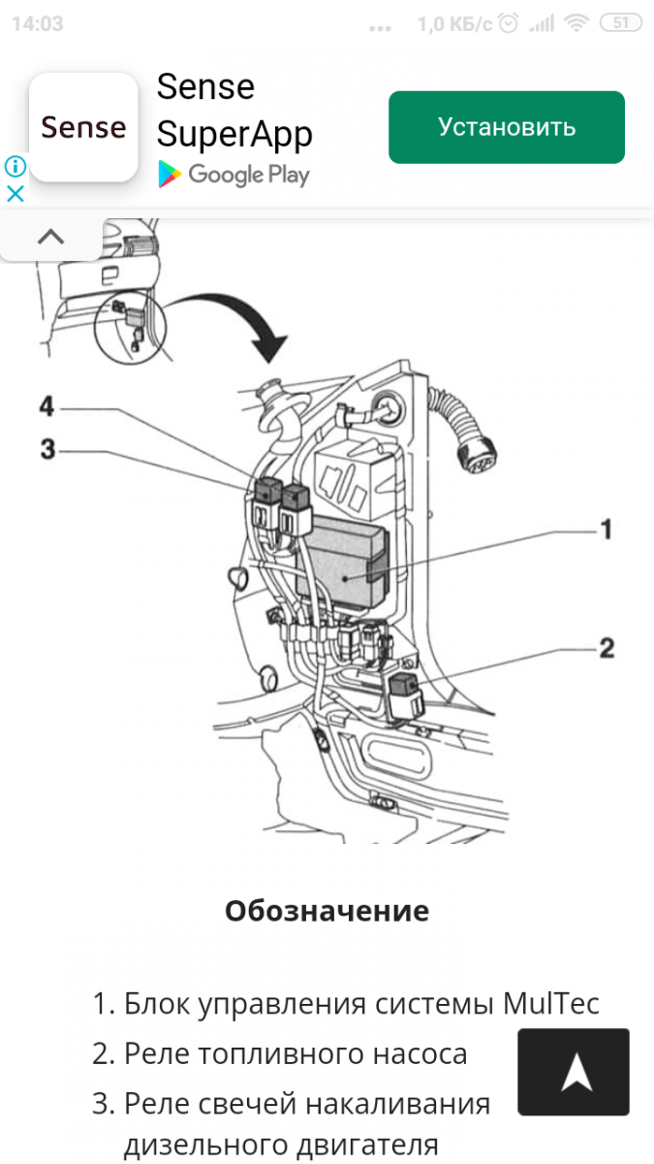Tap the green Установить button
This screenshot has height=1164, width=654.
pyautogui.click(x=506, y=127)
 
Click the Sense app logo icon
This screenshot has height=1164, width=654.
pyautogui.click(x=83, y=127)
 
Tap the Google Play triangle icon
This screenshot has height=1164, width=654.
pyautogui.click(x=170, y=175)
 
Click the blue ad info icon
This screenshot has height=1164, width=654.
pyautogui.click(x=15, y=166)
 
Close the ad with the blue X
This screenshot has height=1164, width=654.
pyautogui.click(x=15, y=193)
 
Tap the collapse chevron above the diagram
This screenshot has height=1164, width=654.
pyautogui.click(x=50, y=237)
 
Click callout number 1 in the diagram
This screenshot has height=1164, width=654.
pyautogui.click(x=606, y=530)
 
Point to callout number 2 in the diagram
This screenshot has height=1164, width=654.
pyautogui.click(x=606, y=647)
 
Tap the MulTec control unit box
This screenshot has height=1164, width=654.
pyautogui.click(x=344, y=563)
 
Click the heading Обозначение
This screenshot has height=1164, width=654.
pyautogui.click(x=327, y=911)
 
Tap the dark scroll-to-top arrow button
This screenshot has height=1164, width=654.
pyautogui.click(x=574, y=1072)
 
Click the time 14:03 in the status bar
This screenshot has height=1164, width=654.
pyautogui.click(x=37, y=23)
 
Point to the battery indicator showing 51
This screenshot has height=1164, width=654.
pyautogui.click(x=620, y=23)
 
